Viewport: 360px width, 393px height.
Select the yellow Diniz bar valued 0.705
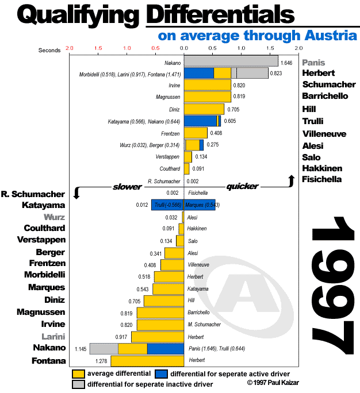(x=204, y=109)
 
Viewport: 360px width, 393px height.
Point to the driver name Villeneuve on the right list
(x=323, y=133)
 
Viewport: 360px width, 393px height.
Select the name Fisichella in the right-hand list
(x=322, y=179)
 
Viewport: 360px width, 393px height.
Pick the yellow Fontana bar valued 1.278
(x=147, y=361)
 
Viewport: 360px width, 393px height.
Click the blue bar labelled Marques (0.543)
(x=200, y=205)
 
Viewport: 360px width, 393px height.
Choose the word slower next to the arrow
(x=127, y=187)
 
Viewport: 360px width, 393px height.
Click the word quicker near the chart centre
(x=242, y=186)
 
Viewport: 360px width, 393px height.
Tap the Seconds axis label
(x=49, y=50)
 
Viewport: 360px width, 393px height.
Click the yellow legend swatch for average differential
(x=79, y=374)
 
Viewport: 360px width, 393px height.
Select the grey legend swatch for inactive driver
(x=79, y=384)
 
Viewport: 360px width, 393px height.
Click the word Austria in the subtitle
(x=326, y=36)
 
